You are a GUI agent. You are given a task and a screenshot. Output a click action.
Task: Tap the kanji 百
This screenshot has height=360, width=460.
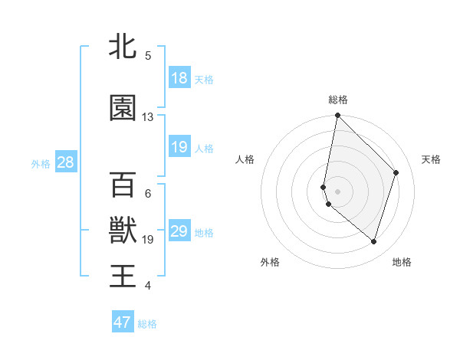[123, 185]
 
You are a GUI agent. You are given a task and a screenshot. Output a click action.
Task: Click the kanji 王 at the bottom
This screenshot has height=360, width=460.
[123, 275]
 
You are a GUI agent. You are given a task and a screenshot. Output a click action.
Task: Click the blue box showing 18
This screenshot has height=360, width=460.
[179, 78]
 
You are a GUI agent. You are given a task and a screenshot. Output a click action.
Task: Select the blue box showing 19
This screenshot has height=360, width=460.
[179, 147]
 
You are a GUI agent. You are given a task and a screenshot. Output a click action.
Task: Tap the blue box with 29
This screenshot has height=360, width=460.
[179, 231]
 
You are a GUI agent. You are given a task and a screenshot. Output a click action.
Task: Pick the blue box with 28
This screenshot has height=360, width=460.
[64, 162]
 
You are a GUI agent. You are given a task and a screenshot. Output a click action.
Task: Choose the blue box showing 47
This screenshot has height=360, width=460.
[123, 322]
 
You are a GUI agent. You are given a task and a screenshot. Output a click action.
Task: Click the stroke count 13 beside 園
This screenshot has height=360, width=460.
[148, 117]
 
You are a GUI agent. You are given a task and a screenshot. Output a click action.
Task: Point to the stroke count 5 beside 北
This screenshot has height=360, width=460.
[148, 56]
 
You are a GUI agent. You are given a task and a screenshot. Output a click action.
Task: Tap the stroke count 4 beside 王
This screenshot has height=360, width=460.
[148, 286]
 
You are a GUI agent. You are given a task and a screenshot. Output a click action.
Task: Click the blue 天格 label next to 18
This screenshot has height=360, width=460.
[204, 80]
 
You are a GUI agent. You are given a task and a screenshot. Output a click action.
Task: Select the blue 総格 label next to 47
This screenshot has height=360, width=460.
[147, 324]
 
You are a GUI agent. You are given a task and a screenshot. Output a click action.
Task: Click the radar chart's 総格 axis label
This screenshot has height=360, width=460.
[337, 100]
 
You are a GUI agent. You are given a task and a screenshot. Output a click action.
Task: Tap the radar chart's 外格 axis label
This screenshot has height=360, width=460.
[270, 262]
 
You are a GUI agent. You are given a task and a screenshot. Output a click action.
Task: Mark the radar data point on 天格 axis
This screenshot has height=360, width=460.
[396, 172]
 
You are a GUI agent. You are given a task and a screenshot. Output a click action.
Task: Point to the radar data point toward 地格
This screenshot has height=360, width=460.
[373, 241]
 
